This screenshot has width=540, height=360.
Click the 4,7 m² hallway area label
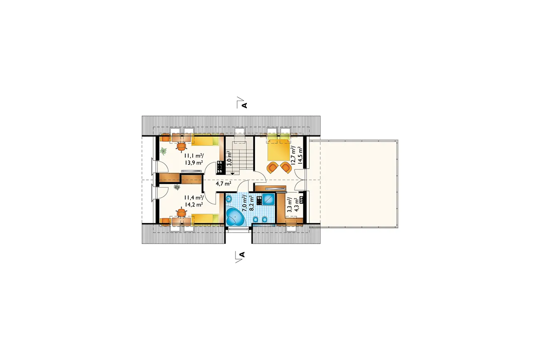223,184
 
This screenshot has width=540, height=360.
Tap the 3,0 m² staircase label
229,158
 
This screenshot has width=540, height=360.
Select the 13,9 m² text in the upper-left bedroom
194,162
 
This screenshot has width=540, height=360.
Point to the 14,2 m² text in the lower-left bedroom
194,204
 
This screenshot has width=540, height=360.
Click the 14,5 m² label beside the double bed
300,155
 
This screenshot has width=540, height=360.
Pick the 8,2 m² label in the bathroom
251,203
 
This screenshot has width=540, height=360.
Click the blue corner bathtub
235,218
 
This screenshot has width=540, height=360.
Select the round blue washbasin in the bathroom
229,199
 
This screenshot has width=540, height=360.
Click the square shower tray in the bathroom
268,199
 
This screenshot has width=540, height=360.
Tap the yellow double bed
278,150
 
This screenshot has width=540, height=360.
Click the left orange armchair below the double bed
272,167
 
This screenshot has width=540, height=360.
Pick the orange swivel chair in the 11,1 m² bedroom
181,146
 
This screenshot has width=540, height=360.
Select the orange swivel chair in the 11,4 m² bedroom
181,213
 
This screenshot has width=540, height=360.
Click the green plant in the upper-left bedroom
164,151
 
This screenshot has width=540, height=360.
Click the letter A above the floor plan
244,105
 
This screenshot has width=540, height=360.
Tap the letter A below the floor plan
242,255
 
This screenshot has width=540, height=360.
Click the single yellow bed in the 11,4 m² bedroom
205,219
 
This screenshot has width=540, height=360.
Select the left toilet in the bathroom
256,220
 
